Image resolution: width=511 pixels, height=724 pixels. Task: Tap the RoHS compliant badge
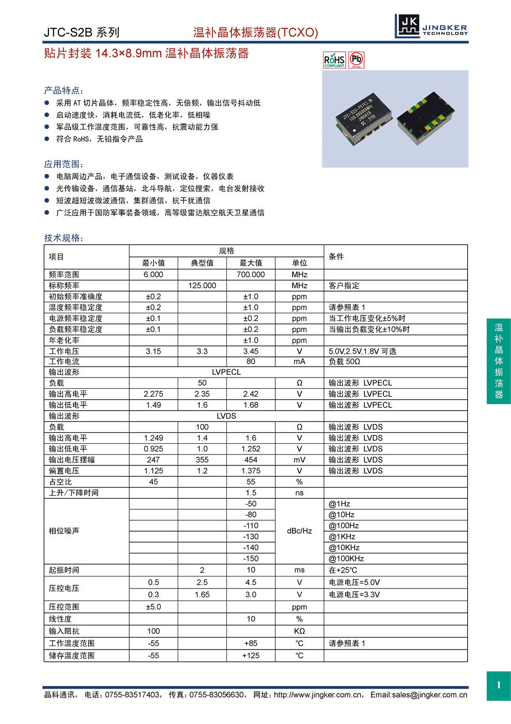pyautogui.click(x=334, y=60)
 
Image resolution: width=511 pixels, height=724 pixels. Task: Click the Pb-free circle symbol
pyautogui.click(x=357, y=60)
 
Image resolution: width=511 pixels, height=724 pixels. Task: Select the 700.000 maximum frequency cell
pyautogui.click(x=251, y=275)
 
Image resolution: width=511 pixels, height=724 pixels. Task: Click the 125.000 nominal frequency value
pyautogui.click(x=202, y=285)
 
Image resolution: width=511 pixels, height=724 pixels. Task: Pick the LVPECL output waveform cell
pyautogui.click(x=226, y=372)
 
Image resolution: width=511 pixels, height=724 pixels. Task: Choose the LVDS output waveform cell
pyautogui.click(x=226, y=416)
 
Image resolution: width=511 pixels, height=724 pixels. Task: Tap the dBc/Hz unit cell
pyautogui.click(x=299, y=531)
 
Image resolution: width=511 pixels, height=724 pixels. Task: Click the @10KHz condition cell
pyautogui.click(x=344, y=548)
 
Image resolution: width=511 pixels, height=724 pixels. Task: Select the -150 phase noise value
pyautogui.click(x=251, y=559)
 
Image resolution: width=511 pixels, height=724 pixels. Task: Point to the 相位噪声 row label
pyautogui.click(x=64, y=531)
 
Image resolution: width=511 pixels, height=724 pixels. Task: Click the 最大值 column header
pyautogui.click(x=251, y=263)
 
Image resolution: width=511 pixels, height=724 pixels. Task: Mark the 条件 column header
pyautogui.click(x=336, y=257)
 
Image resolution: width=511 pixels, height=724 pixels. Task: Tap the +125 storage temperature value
pyautogui.click(x=251, y=655)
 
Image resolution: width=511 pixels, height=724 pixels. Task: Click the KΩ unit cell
pyautogui.click(x=299, y=631)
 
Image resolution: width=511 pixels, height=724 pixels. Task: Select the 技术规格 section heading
pyautogui.click(x=63, y=238)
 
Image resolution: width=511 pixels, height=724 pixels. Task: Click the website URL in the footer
pyautogui.click(x=318, y=695)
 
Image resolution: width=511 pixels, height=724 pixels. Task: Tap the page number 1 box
pyautogui.click(x=499, y=685)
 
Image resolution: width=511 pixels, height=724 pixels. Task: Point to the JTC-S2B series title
pyautogui.click(x=81, y=33)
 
